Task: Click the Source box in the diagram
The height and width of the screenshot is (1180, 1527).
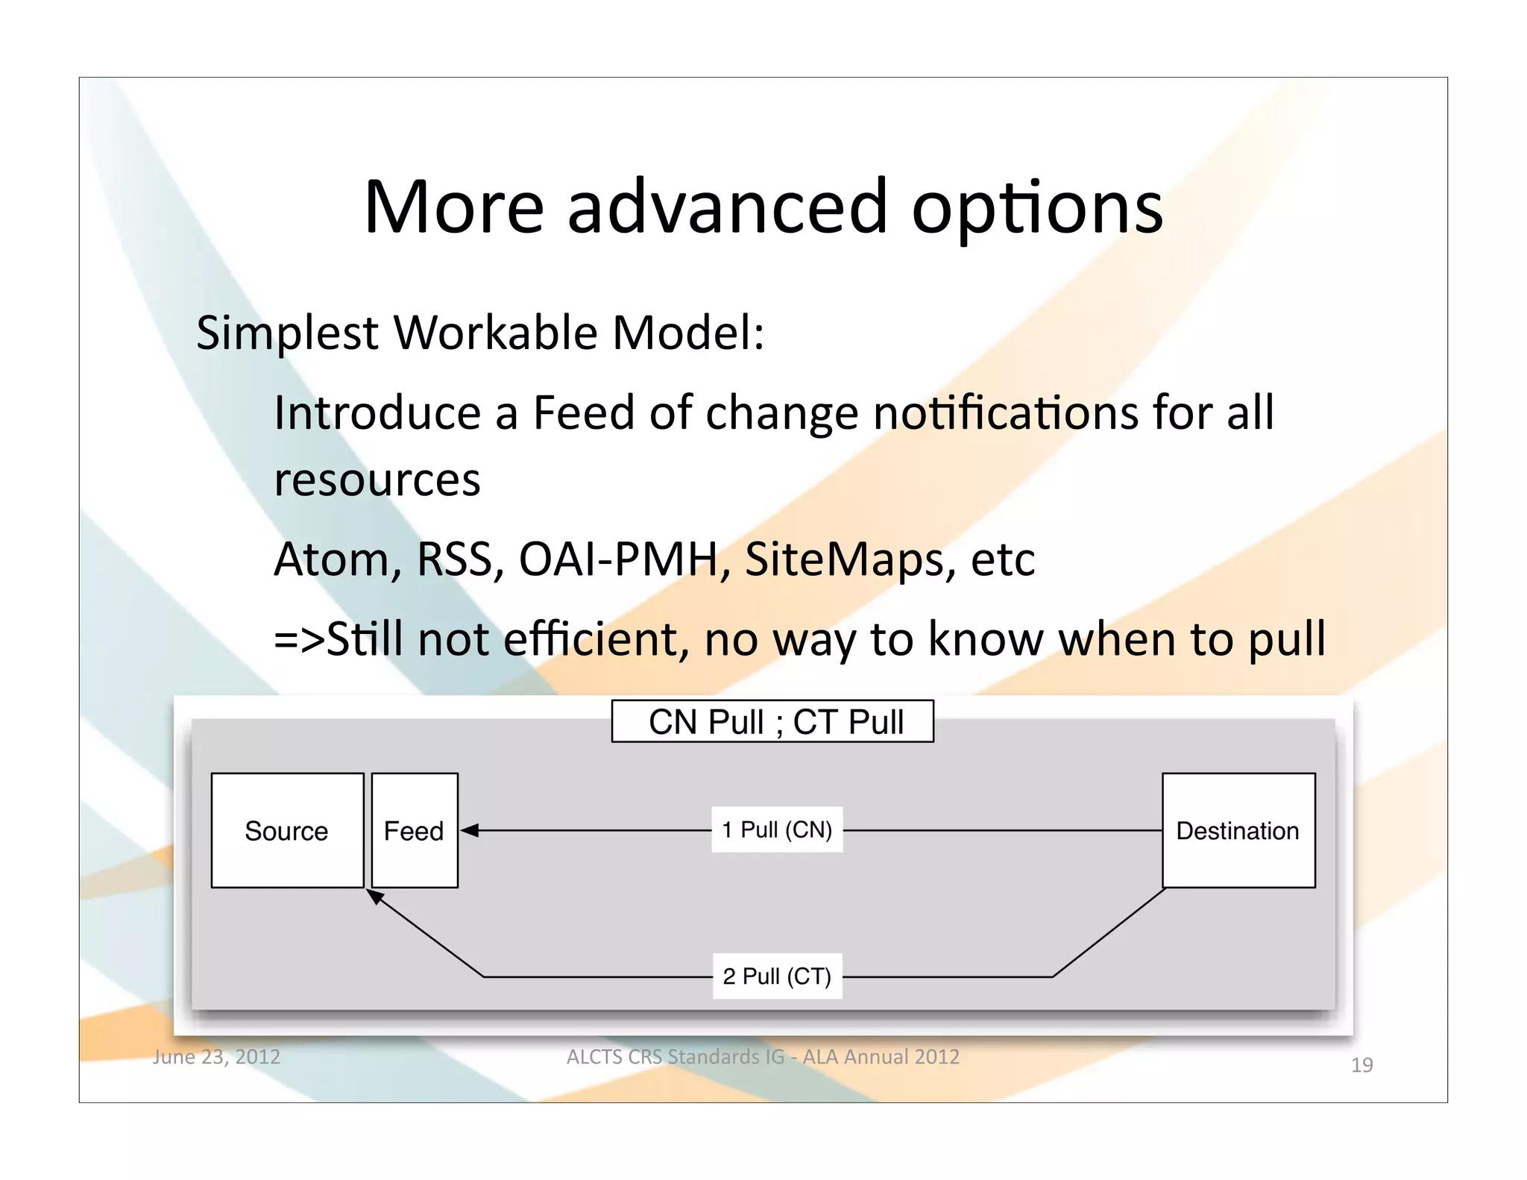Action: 287,830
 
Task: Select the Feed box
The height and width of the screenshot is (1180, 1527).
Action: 415,830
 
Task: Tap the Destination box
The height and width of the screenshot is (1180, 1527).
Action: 1238,830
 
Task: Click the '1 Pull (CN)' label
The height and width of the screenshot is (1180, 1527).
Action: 777,829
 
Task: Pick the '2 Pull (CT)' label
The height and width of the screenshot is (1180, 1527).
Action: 777,976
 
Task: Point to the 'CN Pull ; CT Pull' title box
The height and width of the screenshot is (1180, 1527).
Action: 772,721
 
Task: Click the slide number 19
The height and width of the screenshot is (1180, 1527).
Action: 1361,1065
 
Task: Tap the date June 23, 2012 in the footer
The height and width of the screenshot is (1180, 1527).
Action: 216,1057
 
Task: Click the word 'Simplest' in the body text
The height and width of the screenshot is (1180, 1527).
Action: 287,333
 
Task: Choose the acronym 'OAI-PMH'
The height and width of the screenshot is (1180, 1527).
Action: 619,559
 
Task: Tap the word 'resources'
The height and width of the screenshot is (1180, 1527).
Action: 377,480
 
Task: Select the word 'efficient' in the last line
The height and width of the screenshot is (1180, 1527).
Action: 591,639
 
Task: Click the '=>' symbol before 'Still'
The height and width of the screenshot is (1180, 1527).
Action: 298,639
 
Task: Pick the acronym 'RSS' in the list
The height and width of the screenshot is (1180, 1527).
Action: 456,559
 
